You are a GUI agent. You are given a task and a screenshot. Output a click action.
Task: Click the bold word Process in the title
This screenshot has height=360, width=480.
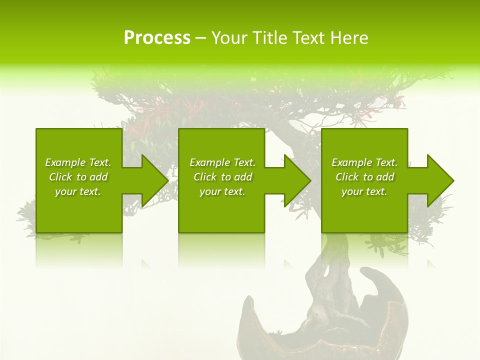pyautogui.click(x=157, y=38)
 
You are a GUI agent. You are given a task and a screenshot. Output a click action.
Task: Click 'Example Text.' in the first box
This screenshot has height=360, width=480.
pyautogui.click(x=78, y=162)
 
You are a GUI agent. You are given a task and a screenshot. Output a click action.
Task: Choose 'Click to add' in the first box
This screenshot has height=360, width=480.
pyautogui.click(x=78, y=177)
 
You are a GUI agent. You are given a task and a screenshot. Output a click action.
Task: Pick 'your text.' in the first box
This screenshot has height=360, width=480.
pyautogui.click(x=78, y=191)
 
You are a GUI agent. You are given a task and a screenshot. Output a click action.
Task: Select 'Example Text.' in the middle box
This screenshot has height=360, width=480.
pyautogui.click(x=222, y=162)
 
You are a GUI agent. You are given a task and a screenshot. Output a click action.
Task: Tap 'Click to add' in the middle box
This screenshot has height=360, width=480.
pyautogui.click(x=222, y=177)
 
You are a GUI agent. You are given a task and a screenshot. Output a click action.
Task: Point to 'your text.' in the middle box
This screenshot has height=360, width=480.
pyautogui.click(x=222, y=191)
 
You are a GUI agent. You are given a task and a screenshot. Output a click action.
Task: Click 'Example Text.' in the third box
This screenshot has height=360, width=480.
pyautogui.click(x=364, y=162)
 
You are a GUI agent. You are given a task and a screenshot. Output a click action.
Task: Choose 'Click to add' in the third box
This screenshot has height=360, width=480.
pyautogui.click(x=364, y=177)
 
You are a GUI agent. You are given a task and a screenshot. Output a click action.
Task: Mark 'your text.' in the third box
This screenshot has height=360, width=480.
pyautogui.click(x=364, y=191)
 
